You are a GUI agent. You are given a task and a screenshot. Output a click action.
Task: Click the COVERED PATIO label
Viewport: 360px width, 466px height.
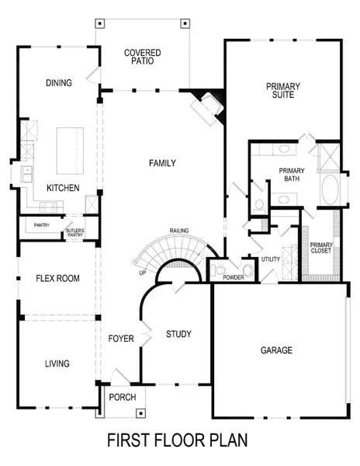(x=143, y=57)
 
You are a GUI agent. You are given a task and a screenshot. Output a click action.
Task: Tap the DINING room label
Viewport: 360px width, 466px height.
(x=59, y=83)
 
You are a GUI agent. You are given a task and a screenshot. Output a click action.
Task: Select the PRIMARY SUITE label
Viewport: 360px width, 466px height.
(x=282, y=91)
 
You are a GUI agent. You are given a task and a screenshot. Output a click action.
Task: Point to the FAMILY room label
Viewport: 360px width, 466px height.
(x=163, y=163)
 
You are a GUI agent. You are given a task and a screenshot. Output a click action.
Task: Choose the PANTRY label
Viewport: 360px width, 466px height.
(x=42, y=225)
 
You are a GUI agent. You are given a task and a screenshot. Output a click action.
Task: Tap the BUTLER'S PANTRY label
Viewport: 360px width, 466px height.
(x=74, y=231)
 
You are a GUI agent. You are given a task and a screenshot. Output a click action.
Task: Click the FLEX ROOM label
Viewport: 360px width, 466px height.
(x=58, y=278)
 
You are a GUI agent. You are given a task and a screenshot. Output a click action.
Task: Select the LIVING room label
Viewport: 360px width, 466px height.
(x=57, y=363)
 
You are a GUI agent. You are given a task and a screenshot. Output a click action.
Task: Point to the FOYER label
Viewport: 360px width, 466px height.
(x=121, y=339)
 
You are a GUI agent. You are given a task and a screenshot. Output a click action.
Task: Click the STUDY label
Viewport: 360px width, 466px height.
(x=178, y=334)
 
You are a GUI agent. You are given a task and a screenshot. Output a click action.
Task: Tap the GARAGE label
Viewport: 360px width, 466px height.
(x=276, y=350)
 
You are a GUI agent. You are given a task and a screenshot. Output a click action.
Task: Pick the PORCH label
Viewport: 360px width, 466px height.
(x=123, y=397)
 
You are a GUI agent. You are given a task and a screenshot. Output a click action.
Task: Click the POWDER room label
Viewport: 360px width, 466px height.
(x=234, y=277)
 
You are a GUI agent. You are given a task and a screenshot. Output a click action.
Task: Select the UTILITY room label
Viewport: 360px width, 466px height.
(x=271, y=259)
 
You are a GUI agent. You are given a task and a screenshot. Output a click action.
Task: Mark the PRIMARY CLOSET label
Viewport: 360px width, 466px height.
(x=320, y=248)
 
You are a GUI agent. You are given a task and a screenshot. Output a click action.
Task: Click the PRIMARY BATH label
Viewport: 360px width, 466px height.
(x=292, y=174)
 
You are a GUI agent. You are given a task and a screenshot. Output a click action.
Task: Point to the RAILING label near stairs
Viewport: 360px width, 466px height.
(x=182, y=231)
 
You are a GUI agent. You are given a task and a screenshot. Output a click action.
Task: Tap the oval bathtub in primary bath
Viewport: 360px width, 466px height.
(x=329, y=190)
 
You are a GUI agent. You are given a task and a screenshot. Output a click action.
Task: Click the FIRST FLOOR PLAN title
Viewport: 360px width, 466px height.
(x=178, y=440)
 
